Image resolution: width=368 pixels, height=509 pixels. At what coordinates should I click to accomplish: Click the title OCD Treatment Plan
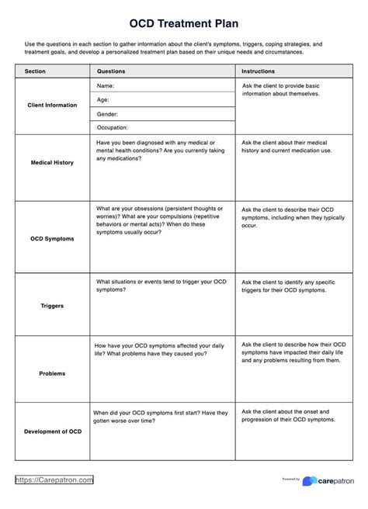pos(184,24)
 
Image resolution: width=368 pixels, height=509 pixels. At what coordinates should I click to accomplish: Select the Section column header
pos(35,71)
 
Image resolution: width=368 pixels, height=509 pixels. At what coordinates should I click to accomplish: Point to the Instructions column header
pos(260,71)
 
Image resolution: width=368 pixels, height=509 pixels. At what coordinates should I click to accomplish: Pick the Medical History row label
pos(53,164)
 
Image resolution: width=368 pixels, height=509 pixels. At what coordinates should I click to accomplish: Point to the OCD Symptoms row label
pos(53,239)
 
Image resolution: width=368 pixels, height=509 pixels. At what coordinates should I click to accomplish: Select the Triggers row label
pos(53,306)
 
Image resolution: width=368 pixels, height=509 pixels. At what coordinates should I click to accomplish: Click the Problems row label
pos(53,373)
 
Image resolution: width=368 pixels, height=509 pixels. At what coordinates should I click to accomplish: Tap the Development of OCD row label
pos(53,431)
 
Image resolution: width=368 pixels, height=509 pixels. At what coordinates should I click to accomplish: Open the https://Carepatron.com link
pos(54,481)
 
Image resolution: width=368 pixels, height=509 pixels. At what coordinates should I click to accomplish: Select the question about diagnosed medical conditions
pos(161,151)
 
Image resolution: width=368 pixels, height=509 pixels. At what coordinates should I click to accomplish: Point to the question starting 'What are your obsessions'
pos(161,221)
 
